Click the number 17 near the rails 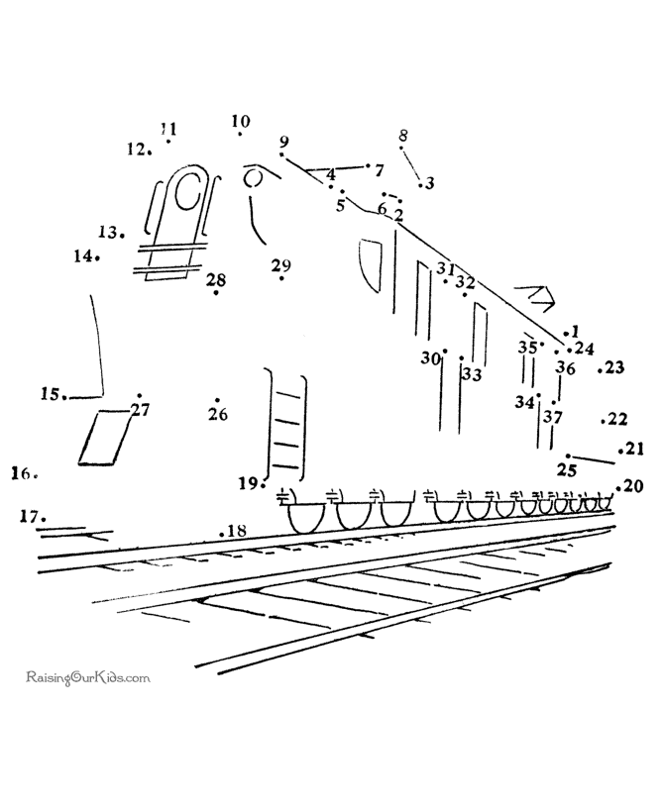30,516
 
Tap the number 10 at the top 241,122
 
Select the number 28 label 216,280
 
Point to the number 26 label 218,414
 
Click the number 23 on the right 614,367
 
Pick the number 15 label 51,393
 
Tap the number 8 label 403,136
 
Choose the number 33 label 472,374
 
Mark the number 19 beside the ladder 249,483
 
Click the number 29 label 280,265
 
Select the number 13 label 108,232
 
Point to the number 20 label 632,485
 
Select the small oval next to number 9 254,178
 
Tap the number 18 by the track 237,532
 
